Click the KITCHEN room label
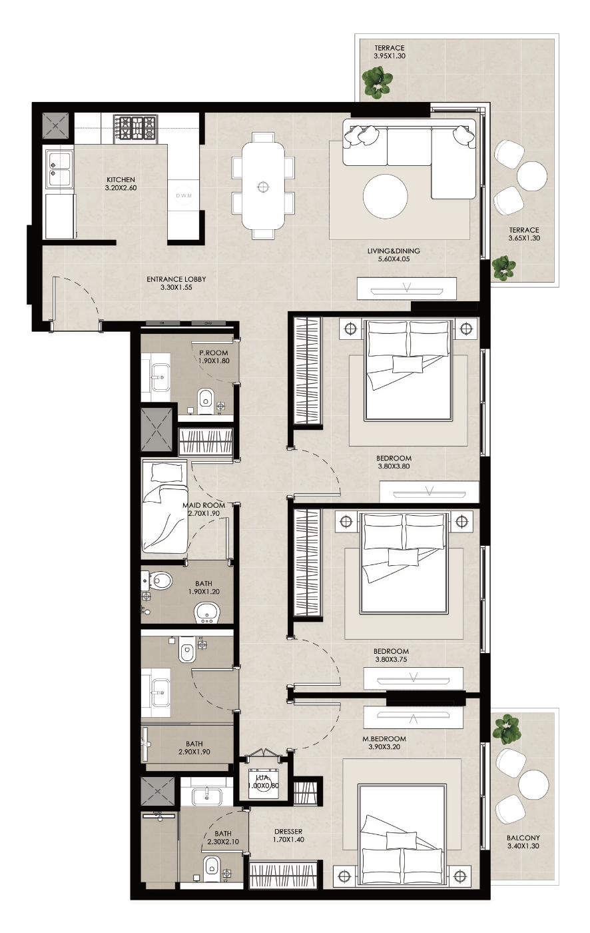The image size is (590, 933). [x=121, y=179]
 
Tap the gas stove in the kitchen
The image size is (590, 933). [x=135, y=127]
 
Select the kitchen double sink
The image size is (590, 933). [x=59, y=169]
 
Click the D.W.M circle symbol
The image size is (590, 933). [x=184, y=195]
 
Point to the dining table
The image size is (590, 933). [x=264, y=186]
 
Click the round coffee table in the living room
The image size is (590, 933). [x=386, y=196]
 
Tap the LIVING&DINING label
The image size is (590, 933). [x=394, y=251]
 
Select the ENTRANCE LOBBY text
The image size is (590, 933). [x=176, y=279]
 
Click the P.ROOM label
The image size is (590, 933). [x=214, y=353]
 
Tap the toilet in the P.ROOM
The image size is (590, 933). [x=205, y=401]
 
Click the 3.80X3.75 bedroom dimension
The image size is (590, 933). [x=391, y=659]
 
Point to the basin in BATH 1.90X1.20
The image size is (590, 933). [x=207, y=613]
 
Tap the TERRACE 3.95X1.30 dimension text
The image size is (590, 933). [x=390, y=56]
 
